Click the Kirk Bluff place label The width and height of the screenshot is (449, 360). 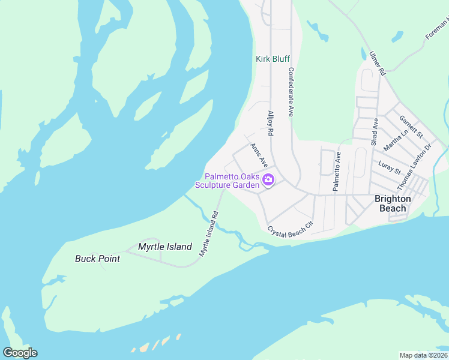coord(273,59)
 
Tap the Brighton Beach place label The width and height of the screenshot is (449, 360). coord(393,203)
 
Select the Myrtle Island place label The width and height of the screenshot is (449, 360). coord(165,247)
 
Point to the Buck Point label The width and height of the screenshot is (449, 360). coord(97,259)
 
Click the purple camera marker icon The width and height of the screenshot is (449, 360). coord(268,179)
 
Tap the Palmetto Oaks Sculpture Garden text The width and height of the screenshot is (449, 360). coord(231,181)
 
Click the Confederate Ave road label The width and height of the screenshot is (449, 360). coord(291,91)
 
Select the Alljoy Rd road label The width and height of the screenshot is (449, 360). coord(271,123)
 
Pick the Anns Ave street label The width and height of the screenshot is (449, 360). coord(258,154)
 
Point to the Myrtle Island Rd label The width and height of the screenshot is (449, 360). coord(209,234)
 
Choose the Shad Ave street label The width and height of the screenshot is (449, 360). coord(375,131)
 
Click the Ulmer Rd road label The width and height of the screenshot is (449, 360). coord(377,64)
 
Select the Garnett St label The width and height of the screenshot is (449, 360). coord(411,125)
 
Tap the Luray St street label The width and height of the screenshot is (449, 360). coord(390,167)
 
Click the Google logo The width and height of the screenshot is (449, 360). coord(20,353)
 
